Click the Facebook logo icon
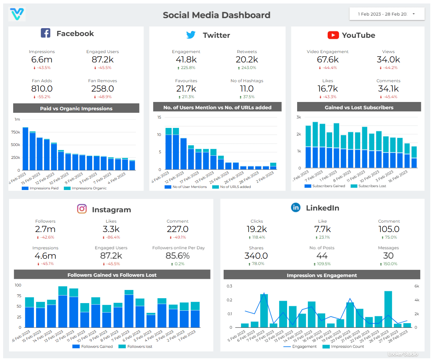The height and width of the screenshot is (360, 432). [45, 33]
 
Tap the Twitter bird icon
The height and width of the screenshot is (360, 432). [191, 35]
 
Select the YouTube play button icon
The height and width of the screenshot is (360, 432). [333, 35]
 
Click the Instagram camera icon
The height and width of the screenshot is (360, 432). [82, 209]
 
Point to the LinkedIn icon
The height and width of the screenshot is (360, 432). [295, 207]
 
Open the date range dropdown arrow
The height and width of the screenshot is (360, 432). [413, 14]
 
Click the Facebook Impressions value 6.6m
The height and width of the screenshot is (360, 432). [42, 60]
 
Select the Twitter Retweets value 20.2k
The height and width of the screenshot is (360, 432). [247, 60]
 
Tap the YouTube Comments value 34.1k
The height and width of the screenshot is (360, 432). [388, 89]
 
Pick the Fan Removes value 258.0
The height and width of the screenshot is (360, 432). [102, 89]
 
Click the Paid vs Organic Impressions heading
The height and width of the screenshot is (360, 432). [76, 109]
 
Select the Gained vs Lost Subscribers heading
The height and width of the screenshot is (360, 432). [359, 108]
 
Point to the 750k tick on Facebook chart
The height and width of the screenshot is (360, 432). [16, 132]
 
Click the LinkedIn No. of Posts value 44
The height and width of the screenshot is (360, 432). [322, 256]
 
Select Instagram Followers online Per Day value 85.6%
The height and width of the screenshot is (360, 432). [178, 256]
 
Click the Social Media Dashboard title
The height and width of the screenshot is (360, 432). [216, 15]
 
